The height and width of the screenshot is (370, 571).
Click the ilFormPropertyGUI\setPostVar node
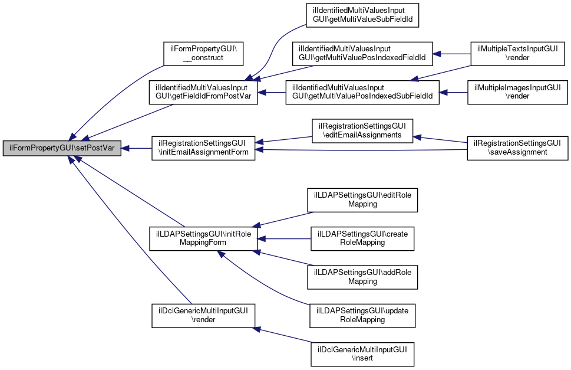pos(62,149)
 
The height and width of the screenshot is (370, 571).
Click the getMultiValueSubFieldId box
pos(362,15)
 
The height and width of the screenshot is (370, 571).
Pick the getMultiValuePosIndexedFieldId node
pos(362,54)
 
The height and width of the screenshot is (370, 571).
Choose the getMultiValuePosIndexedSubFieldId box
pos(362,92)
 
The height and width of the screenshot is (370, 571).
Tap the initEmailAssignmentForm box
pos(203,149)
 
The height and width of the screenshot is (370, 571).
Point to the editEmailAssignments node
pos(362,130)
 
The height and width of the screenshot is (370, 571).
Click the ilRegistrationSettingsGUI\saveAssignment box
pos(517,149)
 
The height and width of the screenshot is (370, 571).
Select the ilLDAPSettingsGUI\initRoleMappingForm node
pos(203,238)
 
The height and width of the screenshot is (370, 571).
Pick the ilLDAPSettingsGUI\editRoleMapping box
pos(362,200)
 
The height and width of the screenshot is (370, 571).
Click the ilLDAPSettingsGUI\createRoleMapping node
pos(362,238)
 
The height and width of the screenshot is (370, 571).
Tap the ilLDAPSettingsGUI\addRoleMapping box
pos(362,277)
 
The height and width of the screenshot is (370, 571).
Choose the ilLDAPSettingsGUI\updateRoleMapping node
pos(362,315)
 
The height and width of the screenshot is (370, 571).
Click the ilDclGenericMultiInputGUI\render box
pos(203,315)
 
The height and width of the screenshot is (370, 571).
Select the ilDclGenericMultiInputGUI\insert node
pos(362,353)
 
